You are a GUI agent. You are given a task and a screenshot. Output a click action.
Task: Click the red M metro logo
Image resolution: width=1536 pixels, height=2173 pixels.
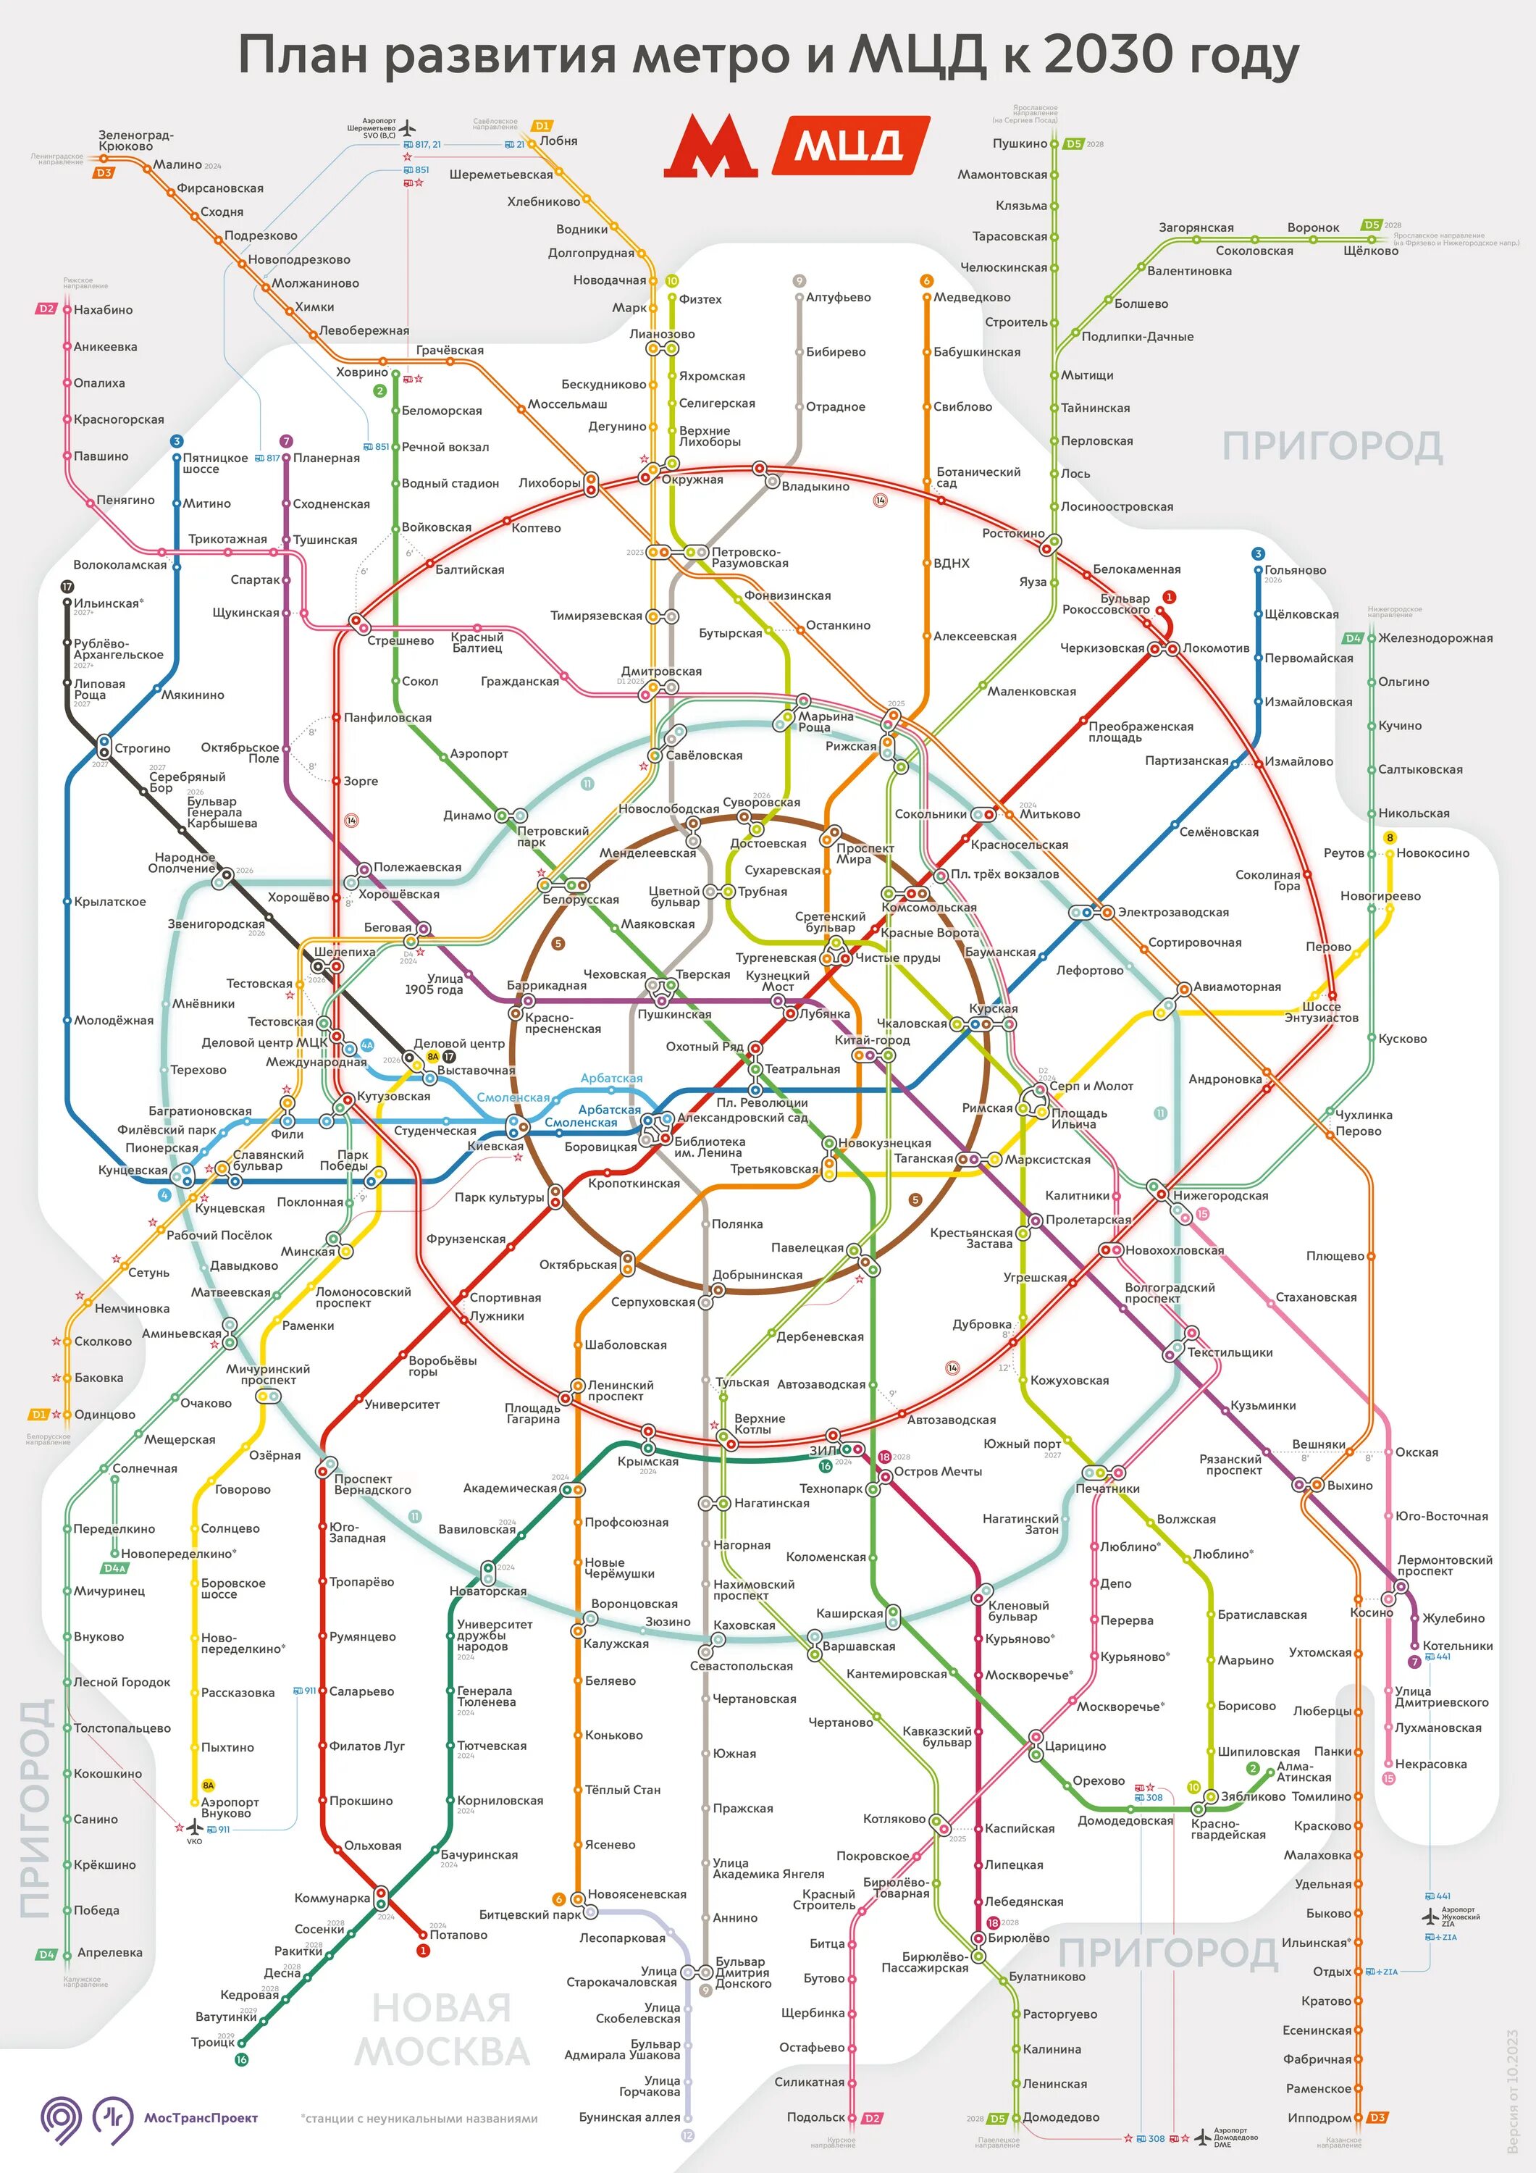[710, 147]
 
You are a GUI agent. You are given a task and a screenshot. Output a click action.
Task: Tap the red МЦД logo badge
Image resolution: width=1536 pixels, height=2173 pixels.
[850, 145]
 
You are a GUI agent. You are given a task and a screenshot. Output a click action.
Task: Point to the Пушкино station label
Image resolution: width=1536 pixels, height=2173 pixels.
[1019, 144]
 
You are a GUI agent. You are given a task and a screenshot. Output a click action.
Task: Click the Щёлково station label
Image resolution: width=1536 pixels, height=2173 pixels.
[1370, 251]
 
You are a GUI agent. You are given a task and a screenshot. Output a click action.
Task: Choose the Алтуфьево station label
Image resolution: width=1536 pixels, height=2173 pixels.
[838, 297]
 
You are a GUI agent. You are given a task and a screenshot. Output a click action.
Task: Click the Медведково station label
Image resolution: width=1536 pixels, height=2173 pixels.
[972, 297]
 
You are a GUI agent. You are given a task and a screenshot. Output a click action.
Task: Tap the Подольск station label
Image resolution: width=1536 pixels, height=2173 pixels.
[815, 2118]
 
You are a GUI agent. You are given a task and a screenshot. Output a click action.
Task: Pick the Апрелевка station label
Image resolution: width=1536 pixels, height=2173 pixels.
[110, 1953]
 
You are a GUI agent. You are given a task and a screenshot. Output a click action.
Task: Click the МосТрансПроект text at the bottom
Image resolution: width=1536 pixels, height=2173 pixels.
[201, 2118]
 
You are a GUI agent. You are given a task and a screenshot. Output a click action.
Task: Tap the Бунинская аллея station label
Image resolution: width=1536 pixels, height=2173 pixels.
[629, 2117]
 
